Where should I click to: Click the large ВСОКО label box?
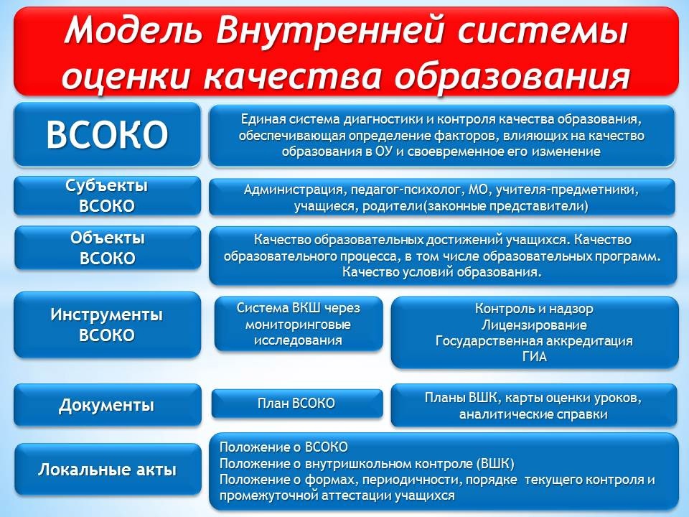coord(107,134)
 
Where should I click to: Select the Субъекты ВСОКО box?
coord(107,195)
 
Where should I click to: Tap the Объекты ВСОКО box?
coord(107,248)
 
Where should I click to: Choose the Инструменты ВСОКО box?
coord(107,325)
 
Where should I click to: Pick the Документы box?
coord(107,405)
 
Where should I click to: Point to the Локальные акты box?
coord(107,470)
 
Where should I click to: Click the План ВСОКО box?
coord(297,403)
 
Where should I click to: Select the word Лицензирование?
coord(534,325)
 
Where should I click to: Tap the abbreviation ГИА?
coord(534,357)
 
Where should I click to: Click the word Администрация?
coord(294,190)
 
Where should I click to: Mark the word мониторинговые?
coord(298,325)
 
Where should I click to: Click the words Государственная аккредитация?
coord(534,340)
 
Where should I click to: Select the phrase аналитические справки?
coord(533,414)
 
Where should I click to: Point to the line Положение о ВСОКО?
coord(283,447)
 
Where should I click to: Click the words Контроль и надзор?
coord(534,309)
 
